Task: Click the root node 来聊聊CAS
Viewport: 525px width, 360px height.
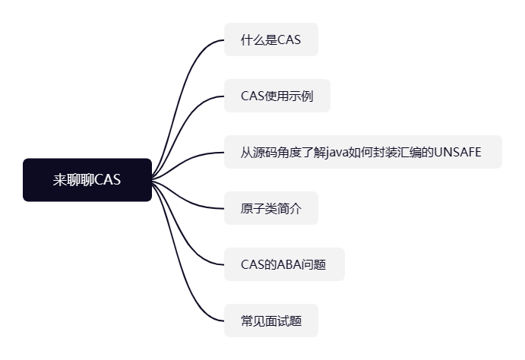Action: pos(87,180)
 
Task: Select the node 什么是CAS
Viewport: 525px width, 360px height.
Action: pos(270,39)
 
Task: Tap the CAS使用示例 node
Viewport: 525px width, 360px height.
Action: pos(277,96)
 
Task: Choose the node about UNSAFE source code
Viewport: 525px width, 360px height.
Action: pos(362,152)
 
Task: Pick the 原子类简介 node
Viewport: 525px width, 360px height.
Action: pos(270,208)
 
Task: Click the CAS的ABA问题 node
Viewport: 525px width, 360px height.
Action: pos(284,264)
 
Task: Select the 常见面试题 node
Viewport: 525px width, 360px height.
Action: pos(270,321)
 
